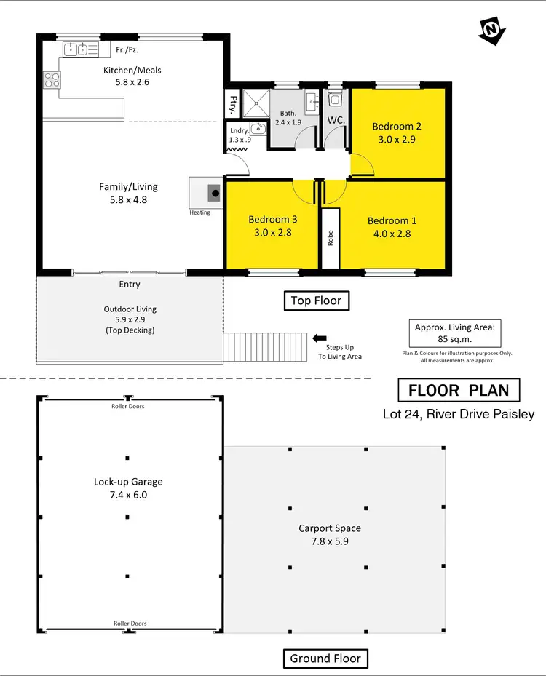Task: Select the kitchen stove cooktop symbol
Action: pos(51,79)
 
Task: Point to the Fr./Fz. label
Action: pos(127,49)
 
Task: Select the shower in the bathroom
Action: pos(256,103)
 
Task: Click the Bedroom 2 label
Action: pos(397,126)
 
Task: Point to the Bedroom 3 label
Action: pos(272,220)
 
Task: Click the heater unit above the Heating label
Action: pos(214,193)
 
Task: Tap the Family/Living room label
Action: pos(128,187)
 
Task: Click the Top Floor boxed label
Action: pos(316,301)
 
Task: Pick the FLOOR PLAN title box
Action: pos(459,390)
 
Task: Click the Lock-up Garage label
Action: pos(128,482)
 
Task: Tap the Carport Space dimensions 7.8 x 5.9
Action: pos(330,541)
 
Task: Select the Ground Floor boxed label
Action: pos(325,659)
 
